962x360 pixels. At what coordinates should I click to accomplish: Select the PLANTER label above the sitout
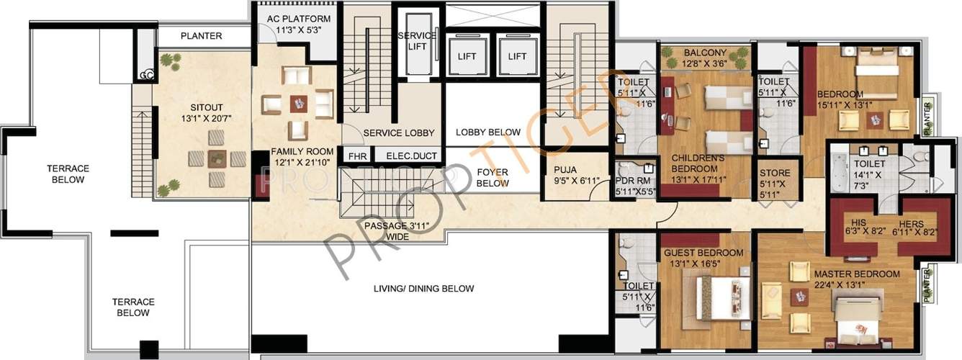(x=201, y=35)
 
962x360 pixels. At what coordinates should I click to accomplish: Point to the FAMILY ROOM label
(x=302, y=151)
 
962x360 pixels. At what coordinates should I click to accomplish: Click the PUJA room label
(x=565, y=171)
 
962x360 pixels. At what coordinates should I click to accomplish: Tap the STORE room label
(x=775, y=173)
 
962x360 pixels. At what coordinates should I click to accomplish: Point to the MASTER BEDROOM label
(x=856, y=274)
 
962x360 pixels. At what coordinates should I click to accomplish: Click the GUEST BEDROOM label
(x=703, y=253)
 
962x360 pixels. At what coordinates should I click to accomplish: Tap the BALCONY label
(x=705, y=53)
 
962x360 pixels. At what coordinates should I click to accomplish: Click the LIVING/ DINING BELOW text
(x=423, y=289)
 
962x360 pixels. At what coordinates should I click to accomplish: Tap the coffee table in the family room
(x=298, y=104)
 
